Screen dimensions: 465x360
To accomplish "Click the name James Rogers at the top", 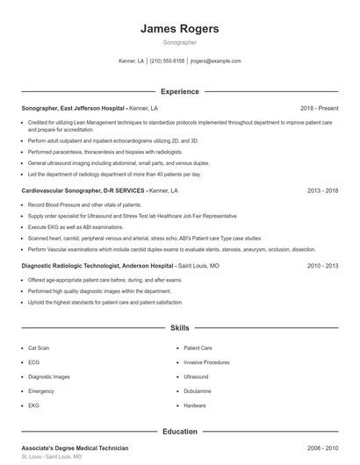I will tap(179, 28).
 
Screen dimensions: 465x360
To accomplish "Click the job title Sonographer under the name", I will tap(179, 42).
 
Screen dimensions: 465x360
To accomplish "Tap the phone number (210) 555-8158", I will tap(167, 61).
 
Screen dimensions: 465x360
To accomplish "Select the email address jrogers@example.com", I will tap(215, 61).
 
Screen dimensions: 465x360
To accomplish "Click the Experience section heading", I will tap(179, 91).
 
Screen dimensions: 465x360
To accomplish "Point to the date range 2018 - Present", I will tap(319, 108).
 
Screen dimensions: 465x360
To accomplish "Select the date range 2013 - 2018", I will tap(322, 190).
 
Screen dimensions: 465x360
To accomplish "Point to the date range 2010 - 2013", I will tap(322, 264).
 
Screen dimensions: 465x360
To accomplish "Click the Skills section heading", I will tap(179, 327).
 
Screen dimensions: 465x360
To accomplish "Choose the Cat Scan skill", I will tap(39, 347).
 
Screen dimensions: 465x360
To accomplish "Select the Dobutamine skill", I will tap(198, 391).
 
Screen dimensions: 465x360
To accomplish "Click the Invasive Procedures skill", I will tap(207, 362).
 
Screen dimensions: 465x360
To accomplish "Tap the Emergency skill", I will tap(41, 391).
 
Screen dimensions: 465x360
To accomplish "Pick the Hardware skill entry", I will tap(195, 405).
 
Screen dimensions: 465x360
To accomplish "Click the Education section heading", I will tap(179, 432).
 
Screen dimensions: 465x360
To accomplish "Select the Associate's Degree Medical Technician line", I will tap(75, 448).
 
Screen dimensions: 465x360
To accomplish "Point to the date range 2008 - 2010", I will tap(322, 448).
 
